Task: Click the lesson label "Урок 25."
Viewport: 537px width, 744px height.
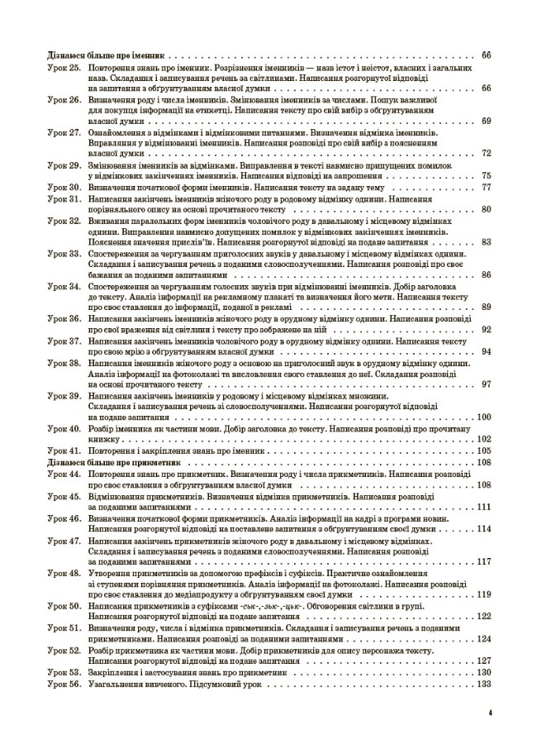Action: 62,66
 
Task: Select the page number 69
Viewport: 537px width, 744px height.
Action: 486,122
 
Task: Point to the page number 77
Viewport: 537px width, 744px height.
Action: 486,188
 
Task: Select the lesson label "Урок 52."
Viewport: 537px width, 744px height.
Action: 62,649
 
